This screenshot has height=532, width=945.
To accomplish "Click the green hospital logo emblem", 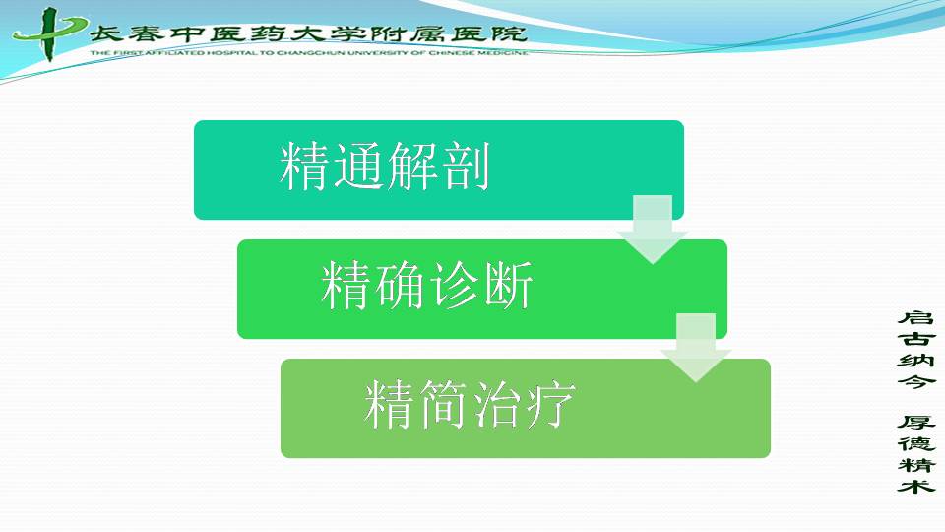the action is (x=49, y=33).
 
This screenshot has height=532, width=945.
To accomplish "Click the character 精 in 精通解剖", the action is (x=305, y=166).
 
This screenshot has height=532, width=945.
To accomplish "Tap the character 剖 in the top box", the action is (x=466, y=166).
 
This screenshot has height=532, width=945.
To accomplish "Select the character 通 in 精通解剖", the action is (x=358, y=166).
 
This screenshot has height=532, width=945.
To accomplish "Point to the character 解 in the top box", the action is (x=412, y=166).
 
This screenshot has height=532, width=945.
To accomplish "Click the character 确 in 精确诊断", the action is (x=401, y=286).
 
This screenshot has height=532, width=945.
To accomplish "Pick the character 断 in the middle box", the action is (x=508, y=286).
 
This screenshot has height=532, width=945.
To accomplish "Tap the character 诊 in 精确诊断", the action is (x=455, y=286).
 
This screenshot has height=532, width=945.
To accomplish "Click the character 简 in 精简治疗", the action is (x=444, y=405).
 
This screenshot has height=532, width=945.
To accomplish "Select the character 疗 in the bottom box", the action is (x=551, y=405).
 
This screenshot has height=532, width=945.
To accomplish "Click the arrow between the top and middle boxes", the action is (x=652, y=230).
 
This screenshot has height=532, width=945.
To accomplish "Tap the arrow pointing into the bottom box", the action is (x=696, y=348).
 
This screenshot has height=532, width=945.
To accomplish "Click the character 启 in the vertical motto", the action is (x=916, y=318).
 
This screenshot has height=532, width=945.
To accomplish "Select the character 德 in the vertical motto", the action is (x=916, y=443).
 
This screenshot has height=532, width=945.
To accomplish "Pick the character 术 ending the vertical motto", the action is (x=916, y=485).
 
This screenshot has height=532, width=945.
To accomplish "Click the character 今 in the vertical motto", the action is (x=916, y=381).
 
